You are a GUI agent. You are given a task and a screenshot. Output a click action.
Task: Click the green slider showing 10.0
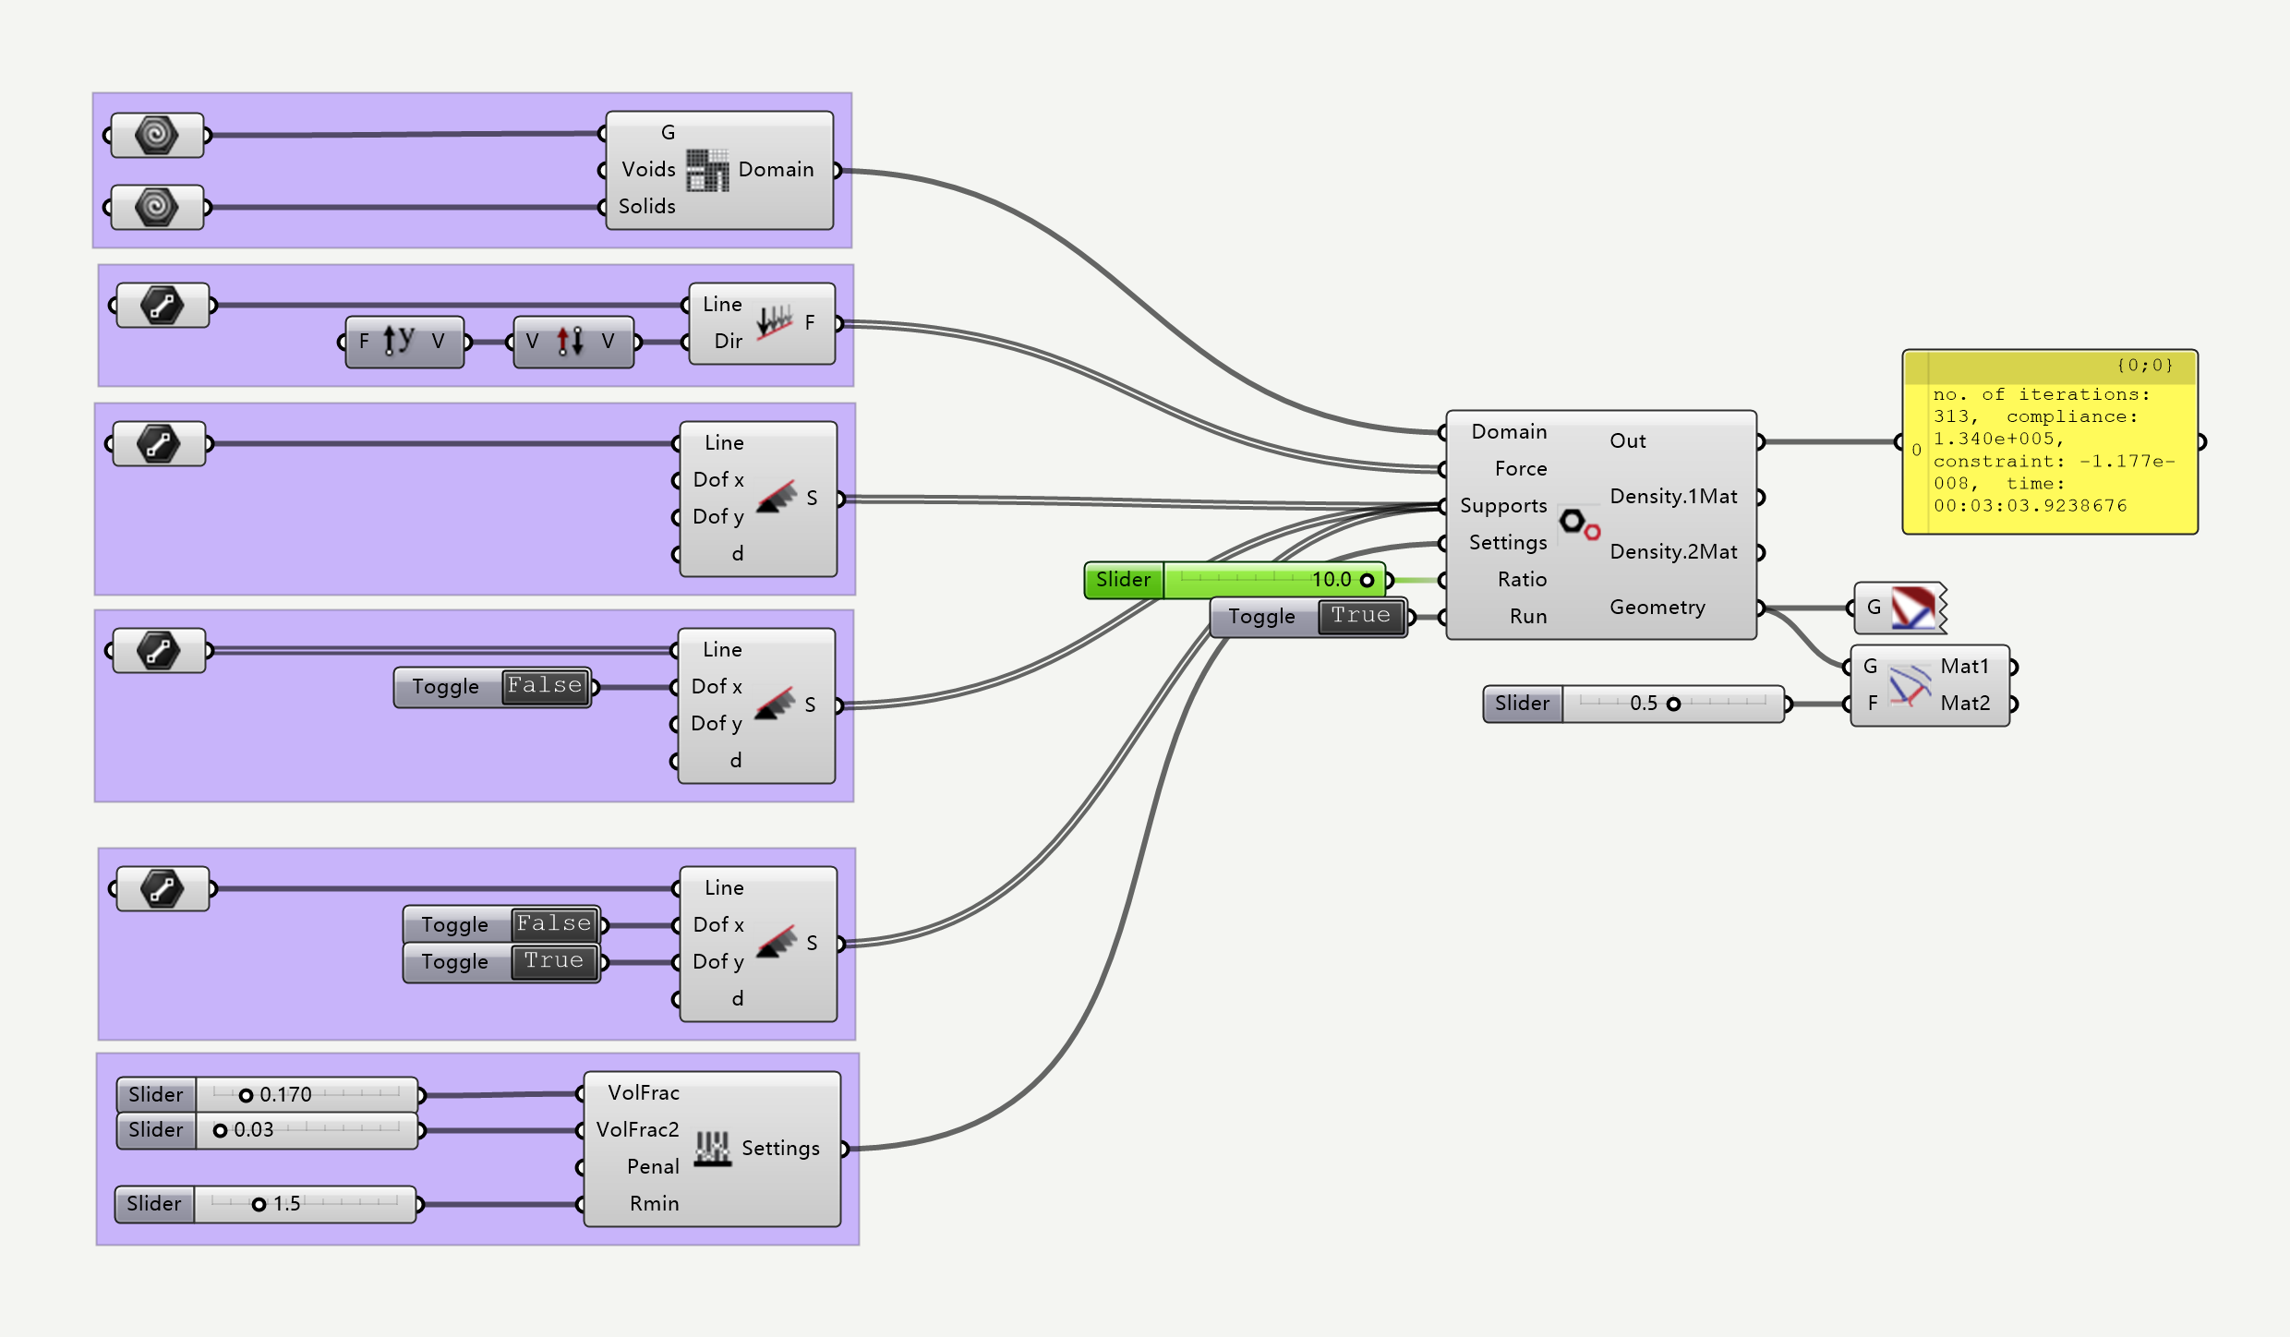1237,580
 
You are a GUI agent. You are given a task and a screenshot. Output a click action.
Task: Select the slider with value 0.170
268,1094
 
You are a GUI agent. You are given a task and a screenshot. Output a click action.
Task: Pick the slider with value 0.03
268,1130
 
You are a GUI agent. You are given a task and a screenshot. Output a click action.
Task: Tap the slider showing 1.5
266,1204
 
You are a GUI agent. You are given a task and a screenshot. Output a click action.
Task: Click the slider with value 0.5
1634,704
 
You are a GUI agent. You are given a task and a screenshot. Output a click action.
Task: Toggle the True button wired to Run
1361,616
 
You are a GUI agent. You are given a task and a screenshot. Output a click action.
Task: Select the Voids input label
648,170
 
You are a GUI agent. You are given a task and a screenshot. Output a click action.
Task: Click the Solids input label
646,207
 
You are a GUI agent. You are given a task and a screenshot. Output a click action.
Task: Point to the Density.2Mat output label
1673,552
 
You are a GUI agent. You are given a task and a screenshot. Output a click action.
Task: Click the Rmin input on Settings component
654,1204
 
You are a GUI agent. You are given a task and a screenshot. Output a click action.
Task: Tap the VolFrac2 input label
637,1130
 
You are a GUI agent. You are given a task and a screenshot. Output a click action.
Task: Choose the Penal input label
653,1167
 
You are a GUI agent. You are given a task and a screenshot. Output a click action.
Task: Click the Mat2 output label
1965,704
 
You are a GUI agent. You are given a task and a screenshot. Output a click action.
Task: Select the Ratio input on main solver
1522,580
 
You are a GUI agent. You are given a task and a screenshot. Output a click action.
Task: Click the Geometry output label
1657,608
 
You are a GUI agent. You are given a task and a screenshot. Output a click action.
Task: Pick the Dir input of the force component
729,342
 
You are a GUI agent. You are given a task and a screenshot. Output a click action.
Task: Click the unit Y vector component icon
399,341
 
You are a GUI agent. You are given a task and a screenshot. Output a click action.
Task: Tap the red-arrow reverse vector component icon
570,341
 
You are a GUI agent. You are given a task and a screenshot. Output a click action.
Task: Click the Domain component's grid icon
707,170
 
